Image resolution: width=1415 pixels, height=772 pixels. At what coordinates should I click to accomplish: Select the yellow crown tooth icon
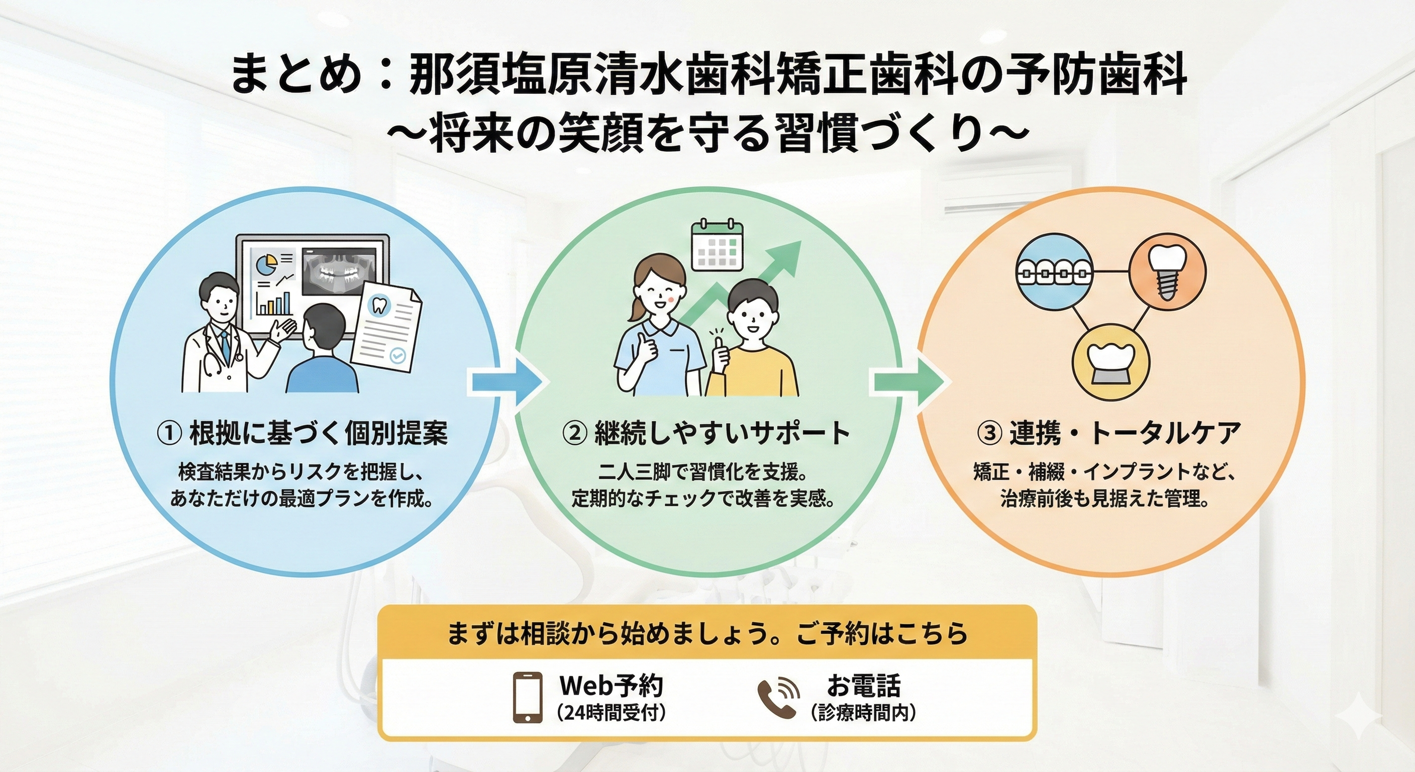click(x=1110, y=361)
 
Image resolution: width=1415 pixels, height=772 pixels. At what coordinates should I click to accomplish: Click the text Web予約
click(x=611, y=685)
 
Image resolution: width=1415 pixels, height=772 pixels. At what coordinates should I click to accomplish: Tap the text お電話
click(x=863, y=685)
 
